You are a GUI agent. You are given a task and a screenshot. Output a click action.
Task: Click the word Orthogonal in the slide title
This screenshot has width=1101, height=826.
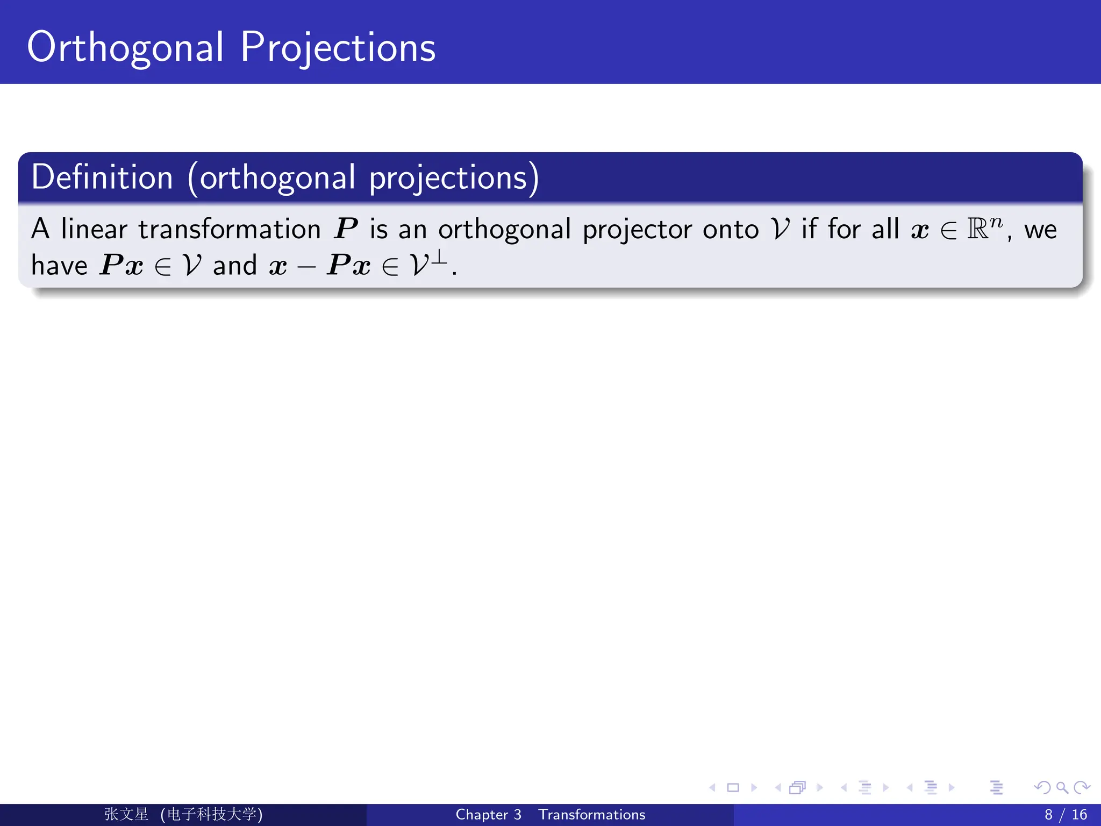coord(125,48)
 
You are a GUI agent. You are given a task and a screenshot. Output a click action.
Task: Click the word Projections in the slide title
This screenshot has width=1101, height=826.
coord(338,48)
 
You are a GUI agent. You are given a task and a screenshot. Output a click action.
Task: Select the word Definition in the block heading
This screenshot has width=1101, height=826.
coord(102,177)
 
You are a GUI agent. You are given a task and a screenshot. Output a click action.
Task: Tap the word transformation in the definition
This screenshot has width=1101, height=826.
coord(230,230)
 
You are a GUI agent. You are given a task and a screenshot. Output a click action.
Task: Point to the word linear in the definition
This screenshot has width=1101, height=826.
coord(94,230)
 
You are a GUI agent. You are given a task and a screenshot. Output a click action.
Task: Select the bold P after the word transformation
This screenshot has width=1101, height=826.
coord(346,230)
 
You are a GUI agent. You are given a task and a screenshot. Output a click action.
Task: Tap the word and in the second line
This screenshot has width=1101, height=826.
coord(235,266)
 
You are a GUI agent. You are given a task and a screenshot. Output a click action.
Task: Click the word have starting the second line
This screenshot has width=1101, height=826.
coord(59,266)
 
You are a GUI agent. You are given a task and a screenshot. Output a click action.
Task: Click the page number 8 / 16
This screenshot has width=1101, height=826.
coord(1065,815)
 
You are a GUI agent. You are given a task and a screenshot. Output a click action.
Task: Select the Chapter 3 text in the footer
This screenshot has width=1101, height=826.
coord(488,815)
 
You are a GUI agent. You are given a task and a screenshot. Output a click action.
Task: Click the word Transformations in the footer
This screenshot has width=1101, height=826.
coord(591,815)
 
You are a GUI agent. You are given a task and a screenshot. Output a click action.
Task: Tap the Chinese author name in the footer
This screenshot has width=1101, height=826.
coord(126,814)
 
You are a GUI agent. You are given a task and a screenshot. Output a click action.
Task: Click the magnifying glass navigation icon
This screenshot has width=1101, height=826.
coord(1062,788)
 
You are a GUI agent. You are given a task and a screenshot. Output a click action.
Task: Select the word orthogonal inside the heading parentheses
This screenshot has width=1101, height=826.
coord(277,179)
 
